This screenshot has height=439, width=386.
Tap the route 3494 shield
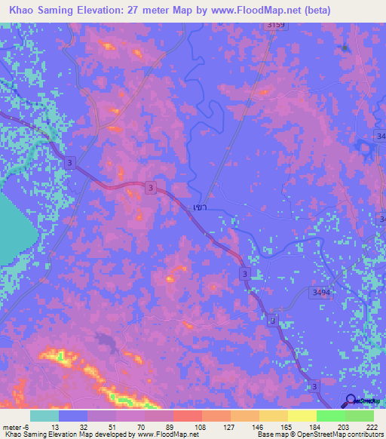(320, 293)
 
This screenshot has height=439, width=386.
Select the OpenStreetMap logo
(351, 400)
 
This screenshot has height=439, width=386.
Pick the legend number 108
(201, 426)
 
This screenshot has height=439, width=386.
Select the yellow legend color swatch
(302, 416)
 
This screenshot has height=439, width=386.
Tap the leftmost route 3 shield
(70, 163)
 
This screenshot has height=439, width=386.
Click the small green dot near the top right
(345, 48)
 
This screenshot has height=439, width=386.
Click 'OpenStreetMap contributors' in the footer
(343, 434)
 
